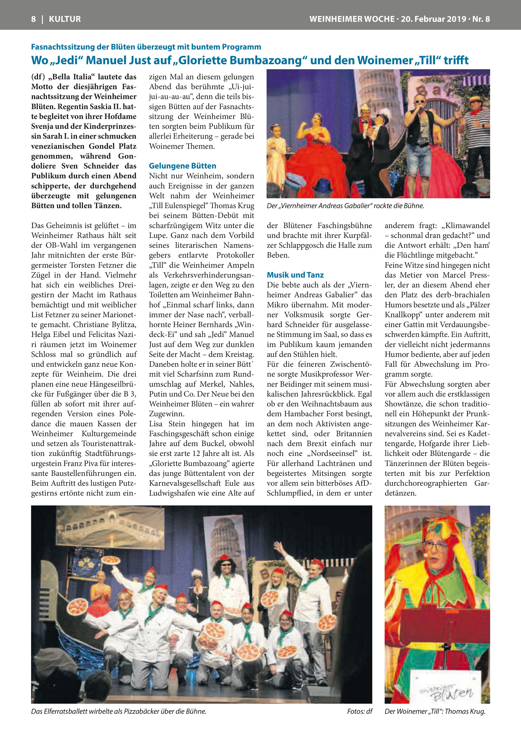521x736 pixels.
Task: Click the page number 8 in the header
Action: (33, 19)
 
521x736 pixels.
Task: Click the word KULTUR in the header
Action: (65, 19)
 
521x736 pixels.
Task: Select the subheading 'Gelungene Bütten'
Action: (182, 166)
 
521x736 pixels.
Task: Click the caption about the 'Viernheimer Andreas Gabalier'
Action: (345, 206)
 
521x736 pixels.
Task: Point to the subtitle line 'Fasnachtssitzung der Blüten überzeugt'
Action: (146, 47)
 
